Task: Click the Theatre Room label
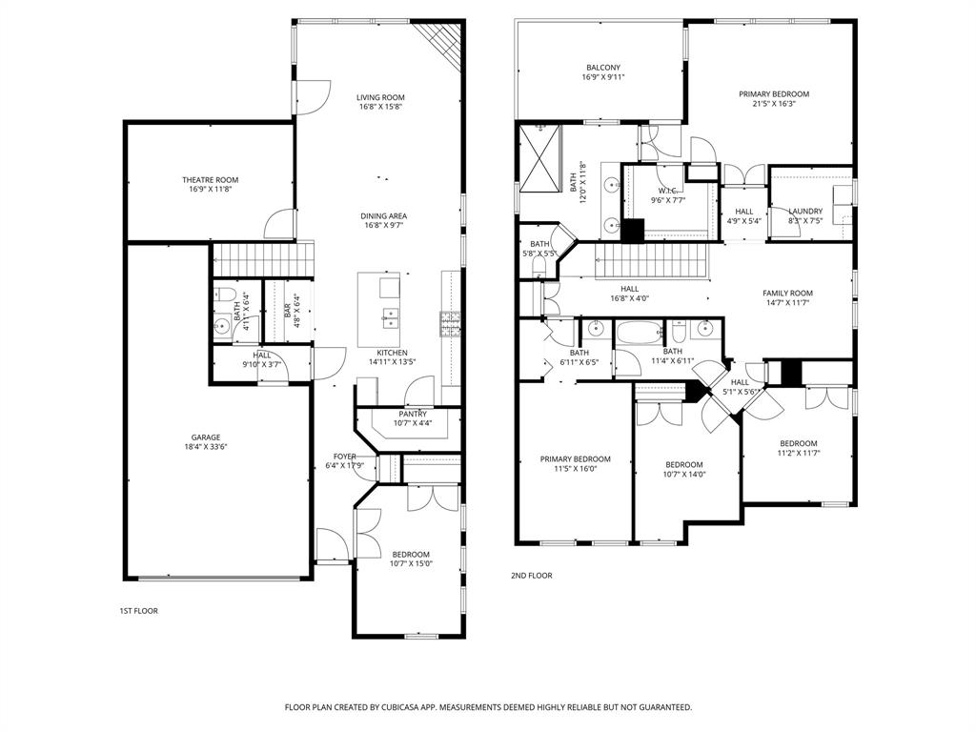(210, 179)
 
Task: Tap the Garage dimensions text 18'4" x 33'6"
(205, 447)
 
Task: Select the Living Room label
(380, 97)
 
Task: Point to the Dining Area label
(383, 216)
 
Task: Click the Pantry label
(413, 414)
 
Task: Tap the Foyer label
(344, 457)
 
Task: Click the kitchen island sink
(390, 315)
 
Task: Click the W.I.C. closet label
(667, 191)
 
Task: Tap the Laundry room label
(805, 212)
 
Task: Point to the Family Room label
(787, 294)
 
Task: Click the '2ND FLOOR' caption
(531, 576)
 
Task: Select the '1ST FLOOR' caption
(138, 611)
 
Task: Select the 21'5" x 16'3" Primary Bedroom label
(774, 94)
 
